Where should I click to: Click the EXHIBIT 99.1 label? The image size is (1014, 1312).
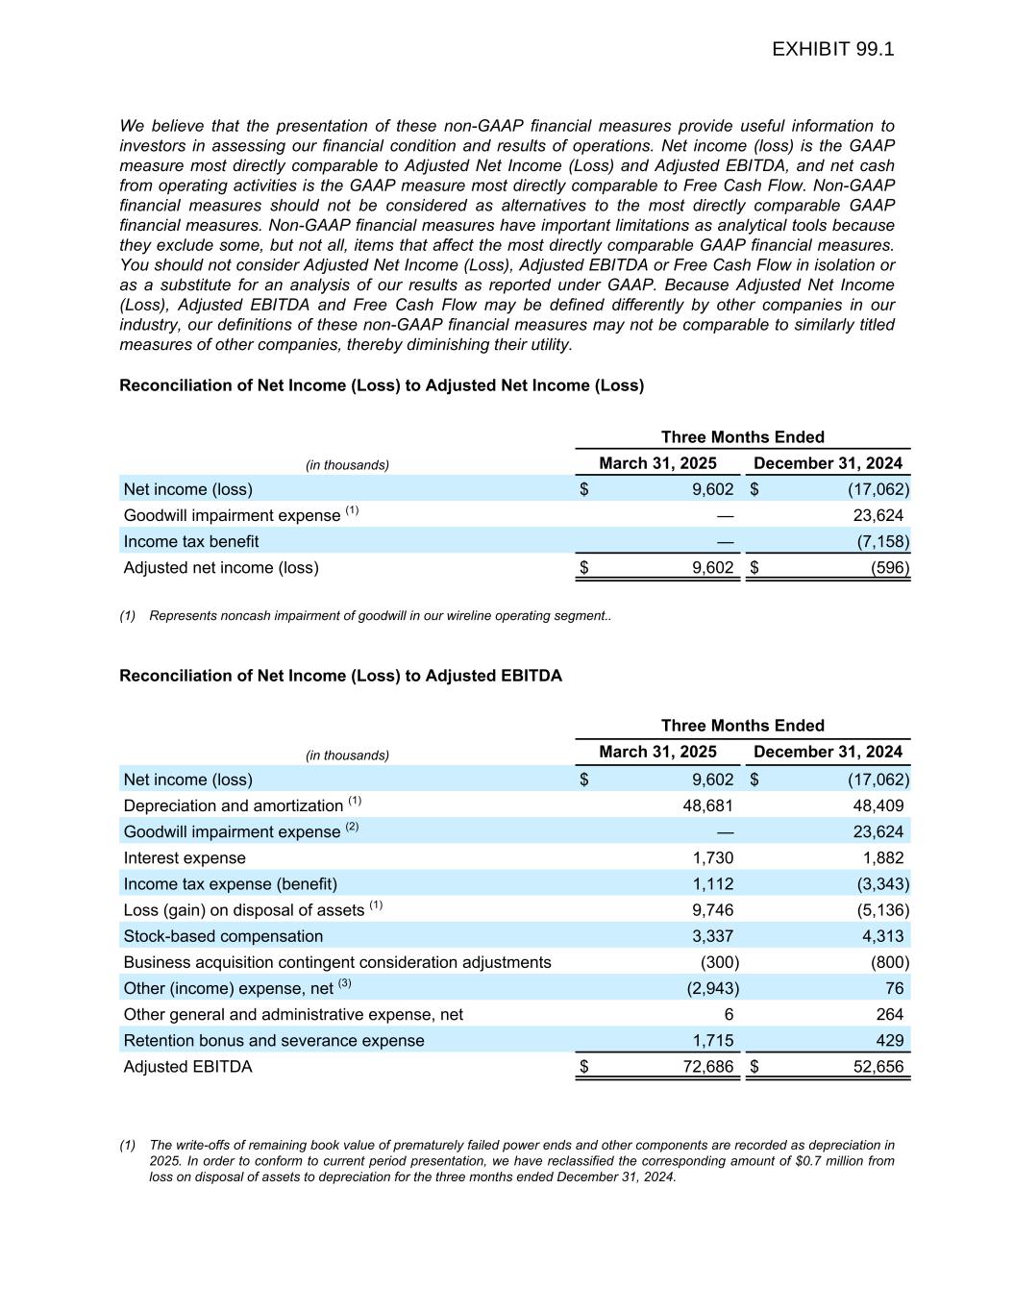[832, 49]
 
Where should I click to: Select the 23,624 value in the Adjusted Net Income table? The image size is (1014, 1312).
[878, 515]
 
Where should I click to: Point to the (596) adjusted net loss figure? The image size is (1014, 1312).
[890, 567]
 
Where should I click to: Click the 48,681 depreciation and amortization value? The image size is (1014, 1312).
[707, 805]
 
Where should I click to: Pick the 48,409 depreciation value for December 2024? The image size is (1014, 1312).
[878, 805]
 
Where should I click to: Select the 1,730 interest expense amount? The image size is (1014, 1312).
[712, 857]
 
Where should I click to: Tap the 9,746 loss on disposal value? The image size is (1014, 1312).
[712, 909]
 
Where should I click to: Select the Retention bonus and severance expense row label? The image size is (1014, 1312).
[274, 1041]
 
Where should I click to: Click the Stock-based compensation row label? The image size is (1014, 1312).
[223, 936]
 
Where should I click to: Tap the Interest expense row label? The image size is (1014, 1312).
[185, 857]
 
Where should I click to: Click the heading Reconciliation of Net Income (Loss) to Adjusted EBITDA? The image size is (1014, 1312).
[340, 676]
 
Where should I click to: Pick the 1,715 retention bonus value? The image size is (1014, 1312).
[712, 1041]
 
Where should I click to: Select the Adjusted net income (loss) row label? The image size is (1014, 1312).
[221, 567]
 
